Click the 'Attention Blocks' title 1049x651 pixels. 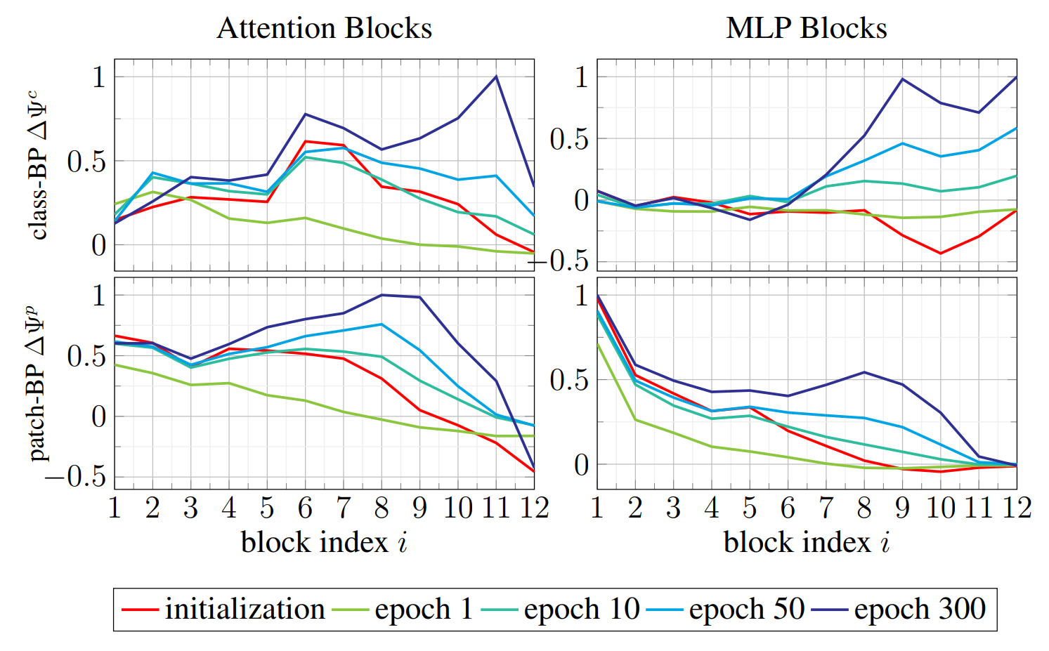point(324,29)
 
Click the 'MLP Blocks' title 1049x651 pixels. point(806,29)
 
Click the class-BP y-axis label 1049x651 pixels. point(38,165)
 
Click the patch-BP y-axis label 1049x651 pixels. point(38,383)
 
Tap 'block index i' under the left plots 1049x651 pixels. point(324,542)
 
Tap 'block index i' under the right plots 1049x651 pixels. point(807,542)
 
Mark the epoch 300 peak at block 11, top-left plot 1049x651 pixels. point(496,77)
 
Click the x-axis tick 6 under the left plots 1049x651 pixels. point(305,508)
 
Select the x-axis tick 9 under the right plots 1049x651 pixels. point(902,508)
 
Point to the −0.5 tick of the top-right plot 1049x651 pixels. point(561,261)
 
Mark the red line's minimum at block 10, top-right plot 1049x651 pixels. point(940,253)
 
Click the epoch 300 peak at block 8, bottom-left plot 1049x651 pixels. point(382,295)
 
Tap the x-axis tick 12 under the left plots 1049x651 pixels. point(534,508)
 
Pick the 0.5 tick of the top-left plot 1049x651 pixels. point(86,162)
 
